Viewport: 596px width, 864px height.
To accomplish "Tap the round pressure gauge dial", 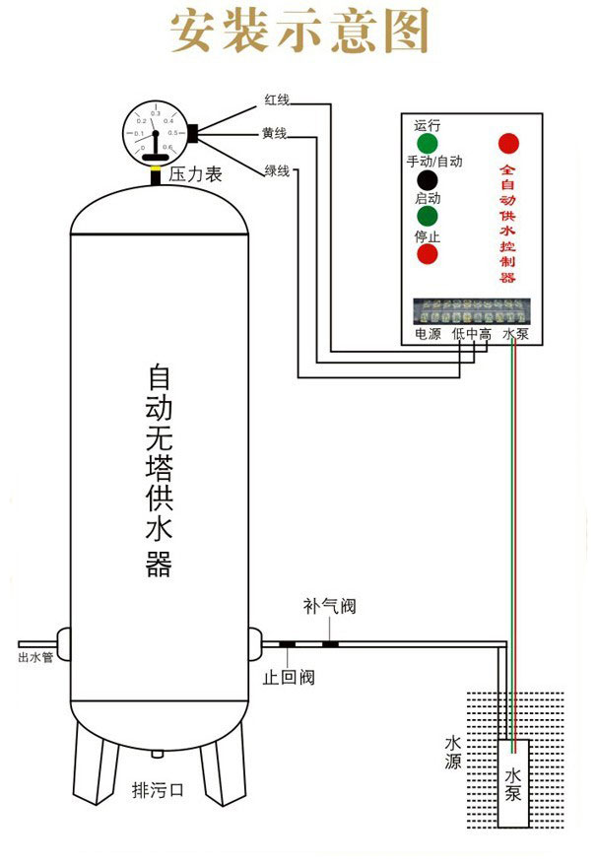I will (155, 132).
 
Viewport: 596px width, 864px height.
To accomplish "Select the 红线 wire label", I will (277, 100).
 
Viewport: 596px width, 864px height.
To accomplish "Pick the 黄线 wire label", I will (275, 133).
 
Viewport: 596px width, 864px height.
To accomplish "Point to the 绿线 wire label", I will (277, 170).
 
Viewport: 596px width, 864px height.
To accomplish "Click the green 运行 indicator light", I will (427, 144).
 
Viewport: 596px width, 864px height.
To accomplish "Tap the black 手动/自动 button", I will (427, 180).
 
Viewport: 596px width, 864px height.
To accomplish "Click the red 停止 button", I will (427, 254).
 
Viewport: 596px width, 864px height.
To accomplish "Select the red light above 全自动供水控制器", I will (508, 142).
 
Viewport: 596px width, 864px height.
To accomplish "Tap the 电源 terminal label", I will (427, 335).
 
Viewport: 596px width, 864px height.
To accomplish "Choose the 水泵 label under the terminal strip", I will (516, 335).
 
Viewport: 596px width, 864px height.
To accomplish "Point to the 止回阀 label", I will (288, 678).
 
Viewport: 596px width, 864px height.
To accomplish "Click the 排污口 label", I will (158, 789).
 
